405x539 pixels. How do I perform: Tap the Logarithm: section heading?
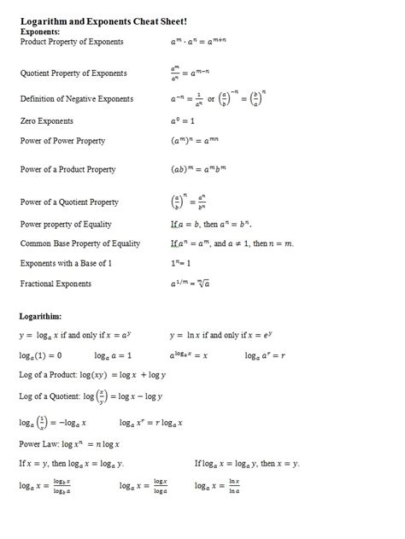pyautogui.click(x=42, y=315)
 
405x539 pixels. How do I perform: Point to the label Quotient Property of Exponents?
pyautogui.click(x=73, y=73)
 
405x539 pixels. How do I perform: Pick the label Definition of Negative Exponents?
pyautogui.click(x=77, y=99)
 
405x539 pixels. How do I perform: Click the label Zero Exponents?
pyautogui.click(x=47, y=121)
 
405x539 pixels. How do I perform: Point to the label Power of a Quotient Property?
pyautogui.click(x=69, y=202)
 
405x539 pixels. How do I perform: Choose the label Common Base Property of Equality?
pyautogui.click(x=80, y=243)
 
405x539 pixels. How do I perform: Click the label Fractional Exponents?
pyautogui.click(x=56, y=284)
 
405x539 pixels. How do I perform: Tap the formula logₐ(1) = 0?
pyautogui.click(x=40, y=354)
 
